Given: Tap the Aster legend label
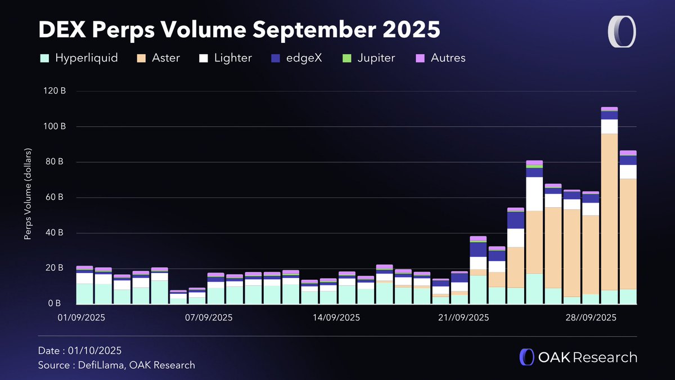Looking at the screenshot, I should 166,58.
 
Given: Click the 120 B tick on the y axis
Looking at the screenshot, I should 55,91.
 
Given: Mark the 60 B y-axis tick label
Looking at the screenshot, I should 56,198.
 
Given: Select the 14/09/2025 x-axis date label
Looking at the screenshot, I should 336,318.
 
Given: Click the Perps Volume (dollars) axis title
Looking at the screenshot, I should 28,194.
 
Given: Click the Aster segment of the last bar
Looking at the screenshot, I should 628,234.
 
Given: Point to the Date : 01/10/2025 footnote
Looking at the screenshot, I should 80,351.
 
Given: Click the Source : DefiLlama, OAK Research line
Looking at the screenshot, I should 116,365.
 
